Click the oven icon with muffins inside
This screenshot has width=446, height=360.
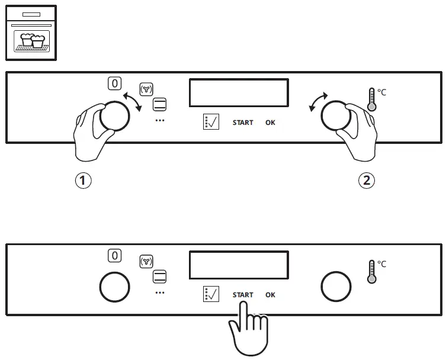click(x=31, y=33)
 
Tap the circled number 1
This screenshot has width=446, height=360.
click(x=84, y=181)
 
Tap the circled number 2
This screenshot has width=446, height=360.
click(x=367, y=181)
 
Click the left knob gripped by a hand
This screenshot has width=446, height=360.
click(x=114, y=115)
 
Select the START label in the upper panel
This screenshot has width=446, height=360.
click(x=243, y=123)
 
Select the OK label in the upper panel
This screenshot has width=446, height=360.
click(x=270, y=123)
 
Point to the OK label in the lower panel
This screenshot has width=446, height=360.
click(x=270, y=295)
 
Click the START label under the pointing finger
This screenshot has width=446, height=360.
click(x=243, y=295)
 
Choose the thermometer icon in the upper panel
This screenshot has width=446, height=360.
click(x=372, y=99)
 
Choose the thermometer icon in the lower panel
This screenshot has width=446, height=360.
click(x=372, y=271)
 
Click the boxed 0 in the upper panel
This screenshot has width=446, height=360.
click(x=115, y=83)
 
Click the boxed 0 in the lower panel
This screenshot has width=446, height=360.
click(x=115, y=255)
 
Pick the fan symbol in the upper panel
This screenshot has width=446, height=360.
click(x=146, y=89)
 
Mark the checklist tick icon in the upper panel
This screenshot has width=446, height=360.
click(x=211, y=122)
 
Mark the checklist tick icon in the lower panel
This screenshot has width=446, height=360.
click(x=211, y=294)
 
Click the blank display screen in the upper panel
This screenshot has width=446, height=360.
click(x=239, y=92)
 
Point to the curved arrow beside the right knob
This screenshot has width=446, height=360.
click(x=319, y=101)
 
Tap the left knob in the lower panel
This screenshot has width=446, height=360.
click(x=114, y=287)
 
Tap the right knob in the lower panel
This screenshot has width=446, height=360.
click(x=336, y=287)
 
